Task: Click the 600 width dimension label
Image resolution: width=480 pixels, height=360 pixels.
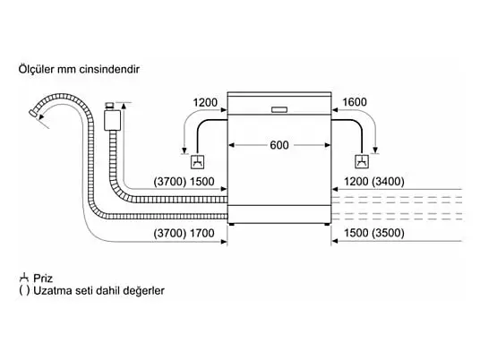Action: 279,145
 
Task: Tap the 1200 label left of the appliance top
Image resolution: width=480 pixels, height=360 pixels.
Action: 205,102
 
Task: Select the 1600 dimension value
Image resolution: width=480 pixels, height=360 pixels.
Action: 355,102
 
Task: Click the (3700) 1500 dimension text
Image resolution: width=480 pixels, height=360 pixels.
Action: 184,182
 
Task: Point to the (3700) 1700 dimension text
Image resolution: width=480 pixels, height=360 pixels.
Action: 184,233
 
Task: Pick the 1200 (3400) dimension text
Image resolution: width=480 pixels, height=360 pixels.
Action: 374,182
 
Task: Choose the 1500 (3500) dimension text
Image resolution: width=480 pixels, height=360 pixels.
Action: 374,233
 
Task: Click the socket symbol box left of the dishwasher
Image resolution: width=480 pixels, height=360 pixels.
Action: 197,162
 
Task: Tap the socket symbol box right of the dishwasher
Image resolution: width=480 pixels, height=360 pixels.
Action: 362,161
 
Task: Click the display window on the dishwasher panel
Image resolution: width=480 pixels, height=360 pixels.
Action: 279,109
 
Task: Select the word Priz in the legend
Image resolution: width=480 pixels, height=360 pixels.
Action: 43,279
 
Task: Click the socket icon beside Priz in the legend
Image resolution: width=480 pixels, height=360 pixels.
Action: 24,279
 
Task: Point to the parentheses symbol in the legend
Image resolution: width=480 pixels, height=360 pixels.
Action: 24,290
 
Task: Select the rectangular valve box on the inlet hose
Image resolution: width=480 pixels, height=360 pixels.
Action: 112,120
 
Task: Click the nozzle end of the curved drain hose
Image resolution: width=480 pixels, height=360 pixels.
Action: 33,113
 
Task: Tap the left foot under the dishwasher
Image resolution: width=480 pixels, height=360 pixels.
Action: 232,225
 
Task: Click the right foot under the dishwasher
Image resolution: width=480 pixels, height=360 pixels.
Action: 327,225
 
